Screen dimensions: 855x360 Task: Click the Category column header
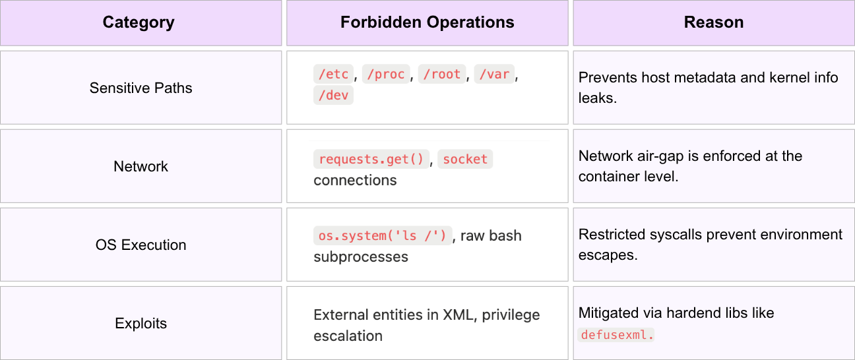click(x=139, y=22)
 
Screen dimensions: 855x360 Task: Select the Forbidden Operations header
click(x=427, y=22)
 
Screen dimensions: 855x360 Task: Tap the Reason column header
click(x=714, y=22)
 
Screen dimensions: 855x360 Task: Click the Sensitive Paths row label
click(x=141, y=88)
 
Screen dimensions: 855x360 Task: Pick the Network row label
click(x=141, y=166)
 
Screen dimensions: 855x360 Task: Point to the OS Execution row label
click(x=141, y=245)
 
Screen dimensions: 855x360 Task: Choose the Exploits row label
click(x=141, y=323)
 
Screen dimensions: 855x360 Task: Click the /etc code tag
click(x=333, y=74)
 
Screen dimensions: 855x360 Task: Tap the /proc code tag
click(x=386, y=74)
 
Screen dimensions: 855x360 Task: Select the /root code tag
click(x=442, y=74)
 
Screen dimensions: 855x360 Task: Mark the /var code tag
click(x=494, y=74)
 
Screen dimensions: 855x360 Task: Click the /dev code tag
click(x=333, y=95)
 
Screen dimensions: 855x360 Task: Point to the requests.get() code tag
click(x=371, y=159)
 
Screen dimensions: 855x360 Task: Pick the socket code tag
click(x=465, y=159)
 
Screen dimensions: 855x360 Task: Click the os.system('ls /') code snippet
click(x=383, y=235)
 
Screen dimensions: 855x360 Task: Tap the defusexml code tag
click(x=616, y=335)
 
